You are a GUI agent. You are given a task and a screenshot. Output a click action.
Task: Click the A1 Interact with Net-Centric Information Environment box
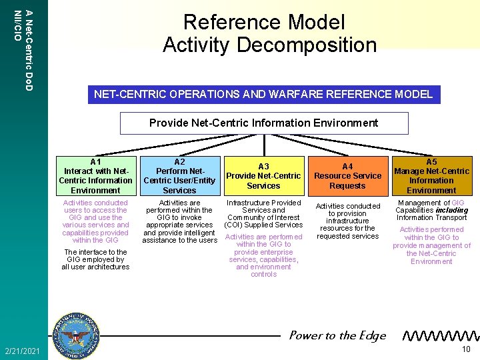(95, 176)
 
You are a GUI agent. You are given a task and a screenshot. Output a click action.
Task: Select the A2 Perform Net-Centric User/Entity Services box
(179, 176)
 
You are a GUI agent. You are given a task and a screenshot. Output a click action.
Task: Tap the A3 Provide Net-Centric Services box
(263, 176)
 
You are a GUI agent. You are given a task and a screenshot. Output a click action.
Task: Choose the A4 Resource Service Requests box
(347, 176)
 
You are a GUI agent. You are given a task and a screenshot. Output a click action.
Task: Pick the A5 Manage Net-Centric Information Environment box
(431, 176)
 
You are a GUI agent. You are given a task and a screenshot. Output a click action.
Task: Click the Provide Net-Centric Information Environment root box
(263, 123)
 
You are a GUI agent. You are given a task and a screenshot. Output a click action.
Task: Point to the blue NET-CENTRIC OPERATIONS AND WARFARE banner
(263, 94)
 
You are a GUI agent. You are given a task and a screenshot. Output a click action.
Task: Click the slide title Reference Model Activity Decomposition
(269, 33)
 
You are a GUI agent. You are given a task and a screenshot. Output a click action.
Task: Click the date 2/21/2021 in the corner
(23, 351)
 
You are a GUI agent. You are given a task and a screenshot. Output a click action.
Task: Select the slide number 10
(467, 350)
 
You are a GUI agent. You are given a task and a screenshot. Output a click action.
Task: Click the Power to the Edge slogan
(337, 335)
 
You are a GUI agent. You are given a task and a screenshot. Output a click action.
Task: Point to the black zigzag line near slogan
(442, 335)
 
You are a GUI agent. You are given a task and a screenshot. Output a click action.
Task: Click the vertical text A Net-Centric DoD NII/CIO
(23, 47)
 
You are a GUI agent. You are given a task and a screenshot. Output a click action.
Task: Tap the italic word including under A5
(453, 210)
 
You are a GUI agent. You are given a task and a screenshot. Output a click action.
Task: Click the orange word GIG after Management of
(457, 203)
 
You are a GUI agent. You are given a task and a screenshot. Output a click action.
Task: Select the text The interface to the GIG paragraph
(95, 259)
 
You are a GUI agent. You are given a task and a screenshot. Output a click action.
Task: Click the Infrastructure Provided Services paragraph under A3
(263, 213)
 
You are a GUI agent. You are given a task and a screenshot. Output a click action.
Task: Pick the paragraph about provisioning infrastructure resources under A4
(347, 221)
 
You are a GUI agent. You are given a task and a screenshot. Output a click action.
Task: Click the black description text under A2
(179, 221)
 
